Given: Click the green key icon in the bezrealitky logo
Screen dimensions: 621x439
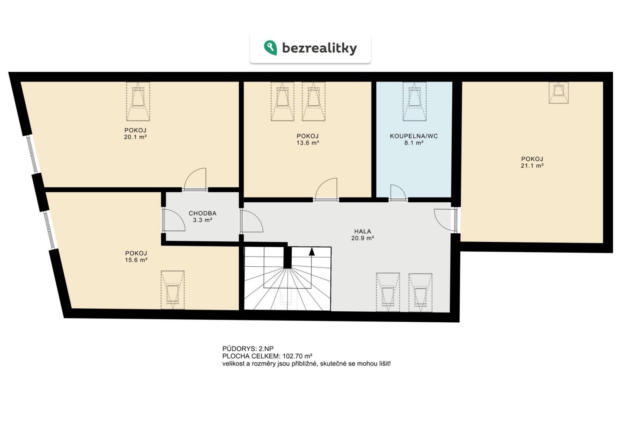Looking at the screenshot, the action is pos(270,48).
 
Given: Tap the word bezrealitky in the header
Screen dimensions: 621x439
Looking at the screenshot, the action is pos(319,48).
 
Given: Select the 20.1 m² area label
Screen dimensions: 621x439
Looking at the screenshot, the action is pos(135,137).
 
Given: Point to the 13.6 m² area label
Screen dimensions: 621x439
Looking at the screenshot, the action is pos(308,143).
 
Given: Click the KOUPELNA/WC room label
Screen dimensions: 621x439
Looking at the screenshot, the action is pos(414,136).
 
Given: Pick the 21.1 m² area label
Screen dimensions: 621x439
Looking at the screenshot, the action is pos(532,166).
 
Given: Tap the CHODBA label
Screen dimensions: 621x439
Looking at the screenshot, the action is pos(203,213).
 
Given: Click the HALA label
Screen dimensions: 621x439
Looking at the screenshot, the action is pos(363,232).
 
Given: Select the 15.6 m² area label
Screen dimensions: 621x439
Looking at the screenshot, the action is pos(136,260).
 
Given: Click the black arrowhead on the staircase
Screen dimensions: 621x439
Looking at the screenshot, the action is pos(312,251).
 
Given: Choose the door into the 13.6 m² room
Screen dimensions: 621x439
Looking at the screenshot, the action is pos(326,189).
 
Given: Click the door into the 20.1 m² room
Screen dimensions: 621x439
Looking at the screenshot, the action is pos(195,179).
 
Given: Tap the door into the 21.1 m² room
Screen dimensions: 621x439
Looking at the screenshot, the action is pos(445,220).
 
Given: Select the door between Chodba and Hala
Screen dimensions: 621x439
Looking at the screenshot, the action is pos(251,221).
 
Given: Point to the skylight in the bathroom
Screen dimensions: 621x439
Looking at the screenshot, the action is pos(415,101).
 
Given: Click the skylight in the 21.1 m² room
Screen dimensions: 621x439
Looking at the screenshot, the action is pos(559,93).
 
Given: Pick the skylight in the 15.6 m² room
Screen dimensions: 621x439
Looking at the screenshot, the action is pos(172,290).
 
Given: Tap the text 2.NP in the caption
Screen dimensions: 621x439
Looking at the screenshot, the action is pos(266,349).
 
